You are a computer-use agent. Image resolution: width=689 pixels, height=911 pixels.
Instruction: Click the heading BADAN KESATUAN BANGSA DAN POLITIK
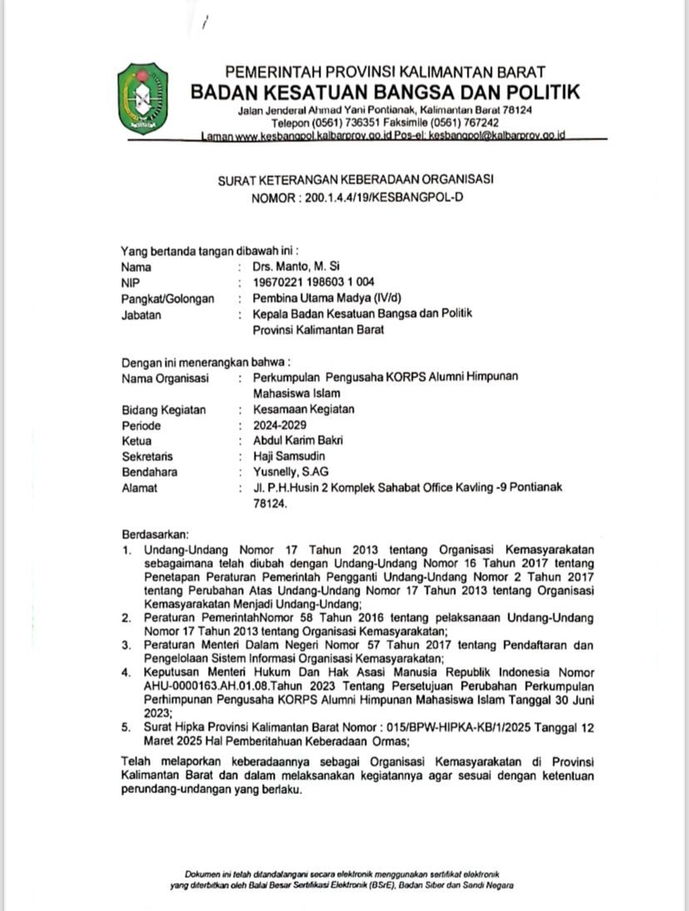coord(385,92)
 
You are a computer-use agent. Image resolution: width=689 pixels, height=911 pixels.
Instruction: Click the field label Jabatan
coord(141,315)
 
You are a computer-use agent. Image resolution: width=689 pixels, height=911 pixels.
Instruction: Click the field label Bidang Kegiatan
coord(163,409)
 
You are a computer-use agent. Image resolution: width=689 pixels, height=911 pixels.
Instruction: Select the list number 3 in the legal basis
coord(126,644)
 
